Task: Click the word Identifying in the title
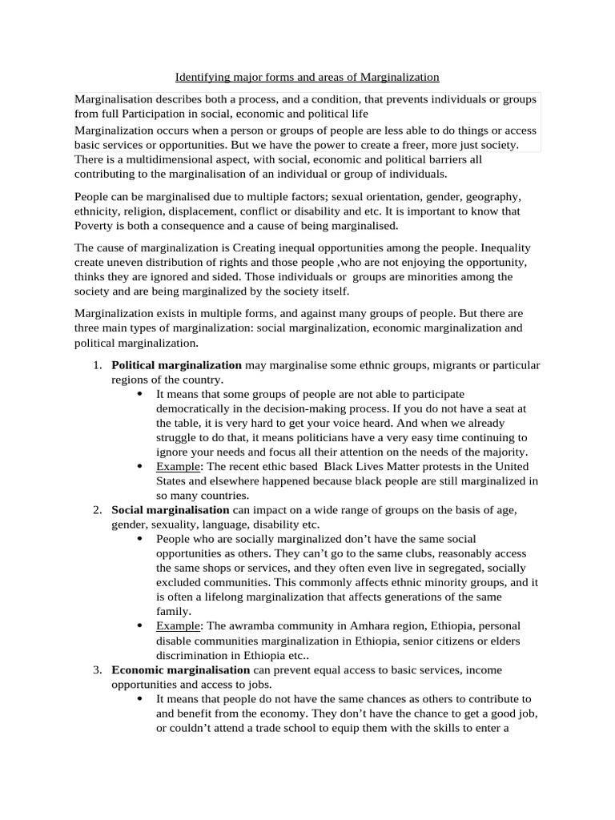click(202, 78)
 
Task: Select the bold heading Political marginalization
click(176, 365)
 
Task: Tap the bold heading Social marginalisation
click(170, 510)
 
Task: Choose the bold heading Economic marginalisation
click(181, 669)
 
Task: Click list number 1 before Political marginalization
click(96, 365)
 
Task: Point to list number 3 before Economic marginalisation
click(96, 669)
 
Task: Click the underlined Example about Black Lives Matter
click(175, 467)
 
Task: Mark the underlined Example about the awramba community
click(175, 626)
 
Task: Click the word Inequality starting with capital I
click(505, 248)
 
